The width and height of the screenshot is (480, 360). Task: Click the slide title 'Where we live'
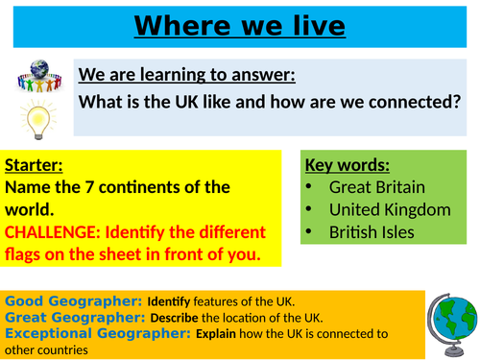[x=240, y=25]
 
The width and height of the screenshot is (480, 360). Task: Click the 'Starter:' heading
[x=35, y=162]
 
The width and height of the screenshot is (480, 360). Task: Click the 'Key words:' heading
[x=346, y=162]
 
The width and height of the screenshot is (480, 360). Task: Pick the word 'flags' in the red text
[x=26, y=256]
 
